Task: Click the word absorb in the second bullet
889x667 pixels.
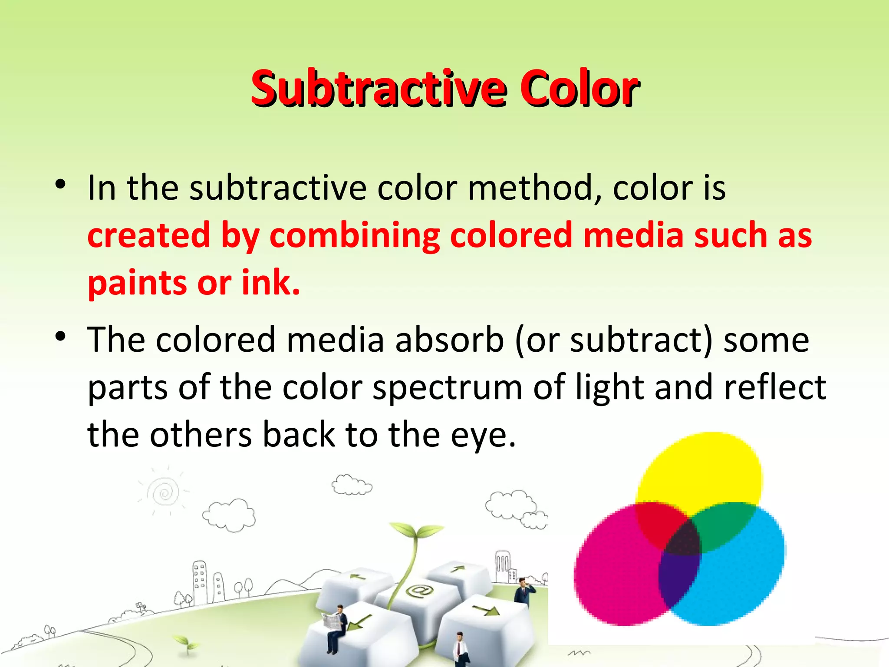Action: (x=450, y=340)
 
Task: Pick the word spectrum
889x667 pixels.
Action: (x=448, y=388)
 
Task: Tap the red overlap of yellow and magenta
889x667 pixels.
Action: (x=658, y=523)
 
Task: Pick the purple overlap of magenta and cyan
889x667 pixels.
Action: (x=677, y=578)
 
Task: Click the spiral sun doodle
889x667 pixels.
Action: (x=164, y=492)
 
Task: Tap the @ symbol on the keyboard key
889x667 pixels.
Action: (x=419, y=591)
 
